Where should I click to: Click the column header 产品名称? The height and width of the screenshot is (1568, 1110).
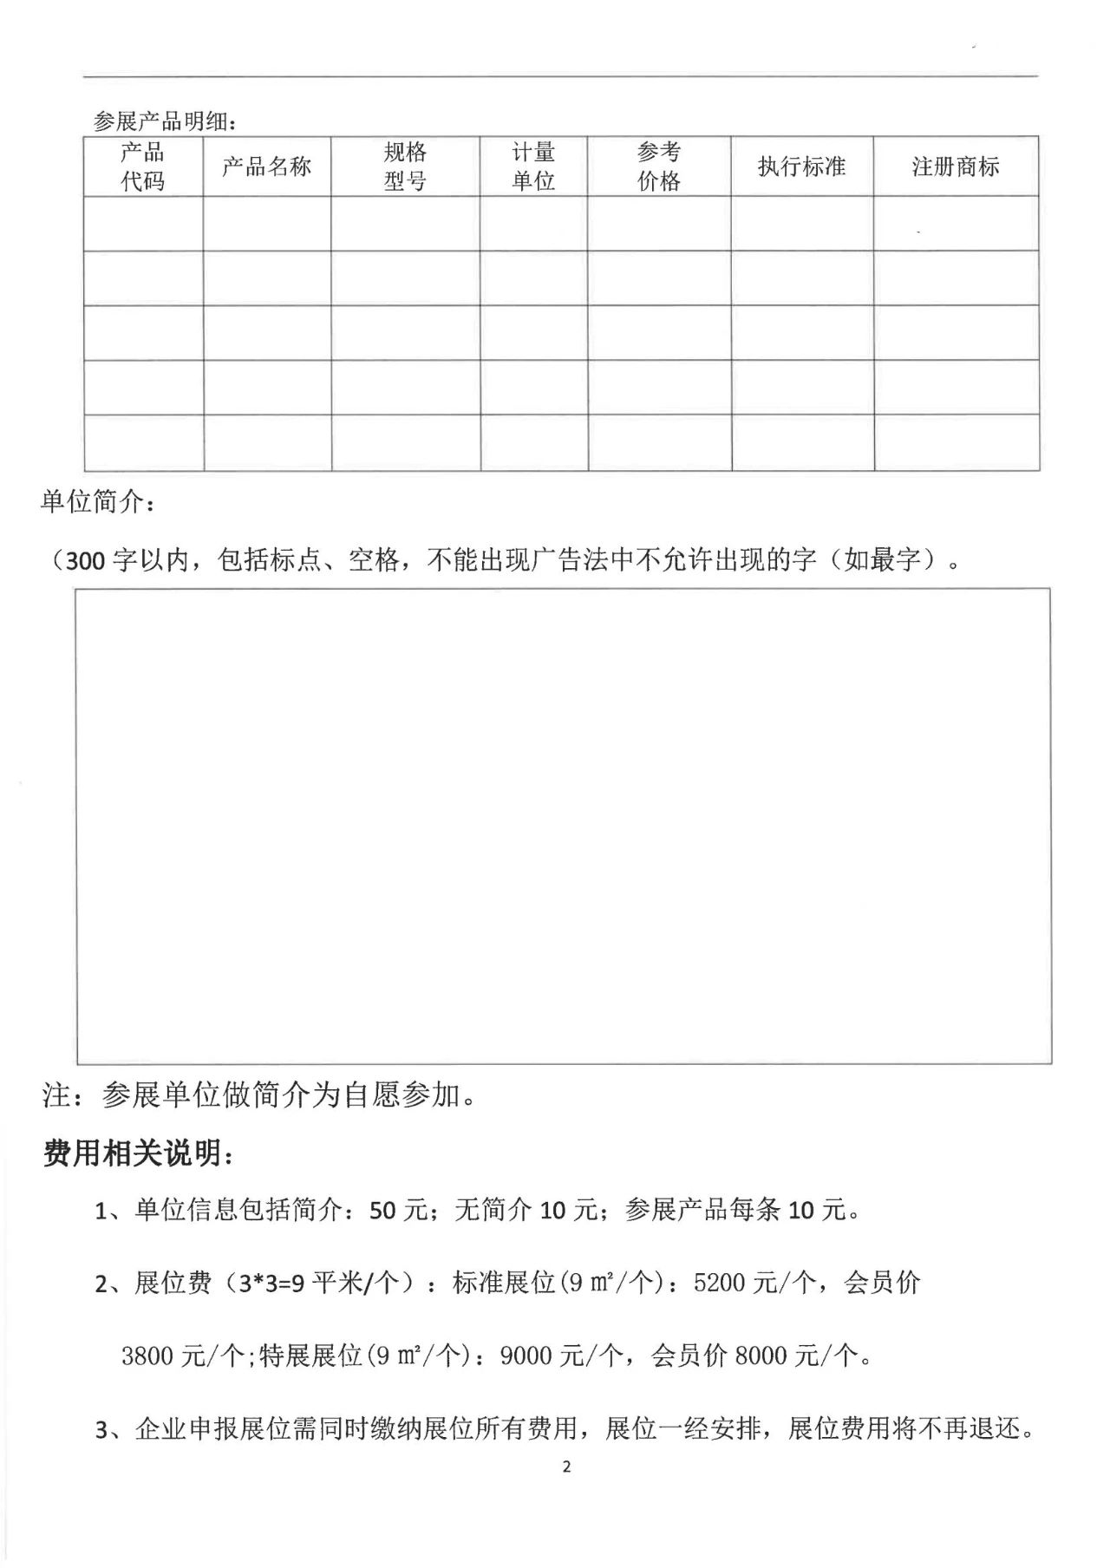tap(266, 167)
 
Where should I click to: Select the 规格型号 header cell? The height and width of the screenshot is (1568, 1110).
tap(405, 167)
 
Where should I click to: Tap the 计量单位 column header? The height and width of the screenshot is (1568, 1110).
tap(533, 167)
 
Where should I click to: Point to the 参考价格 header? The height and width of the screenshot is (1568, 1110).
tap(659, 167)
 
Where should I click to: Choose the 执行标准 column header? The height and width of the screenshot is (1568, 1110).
tap(801, 167)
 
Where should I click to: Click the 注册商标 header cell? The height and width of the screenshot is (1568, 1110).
tap(956, 167)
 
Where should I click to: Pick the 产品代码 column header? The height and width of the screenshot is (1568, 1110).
tap(143, 167)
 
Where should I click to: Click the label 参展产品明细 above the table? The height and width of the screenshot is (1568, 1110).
tap(164, 122)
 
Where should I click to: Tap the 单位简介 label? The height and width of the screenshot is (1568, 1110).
tap(97, 502)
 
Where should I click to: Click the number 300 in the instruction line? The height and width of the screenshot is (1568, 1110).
tap(84, 561)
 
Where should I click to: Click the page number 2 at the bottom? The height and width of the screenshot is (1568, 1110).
tap(567, 1467)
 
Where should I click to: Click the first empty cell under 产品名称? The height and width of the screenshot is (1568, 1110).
tap(266, 224)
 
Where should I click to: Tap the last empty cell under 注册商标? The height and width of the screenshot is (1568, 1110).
tap(956, 442)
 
